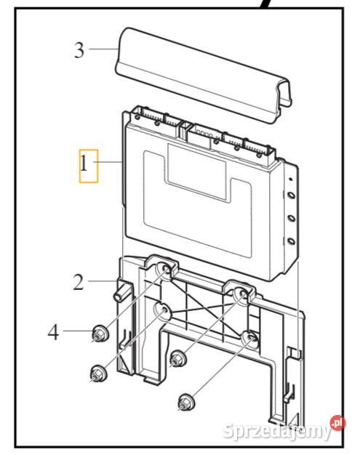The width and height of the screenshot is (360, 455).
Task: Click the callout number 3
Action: click(x=79, y=50)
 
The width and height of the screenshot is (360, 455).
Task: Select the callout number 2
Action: click(x=79, y=281)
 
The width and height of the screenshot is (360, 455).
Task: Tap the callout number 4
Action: click(x=52, y=333)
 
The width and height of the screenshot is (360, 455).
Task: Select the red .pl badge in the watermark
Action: click(x=337, y=422)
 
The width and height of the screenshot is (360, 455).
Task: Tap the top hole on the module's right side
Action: click(x=290, y=195)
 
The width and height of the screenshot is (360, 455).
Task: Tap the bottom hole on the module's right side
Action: click(x=290, y=242)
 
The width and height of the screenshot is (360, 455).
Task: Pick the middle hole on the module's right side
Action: click(x=290, y=218)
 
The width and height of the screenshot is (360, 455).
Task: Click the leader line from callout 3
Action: click(x=102, y=50)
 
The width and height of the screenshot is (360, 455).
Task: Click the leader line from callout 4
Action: click(x=76, y=334)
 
